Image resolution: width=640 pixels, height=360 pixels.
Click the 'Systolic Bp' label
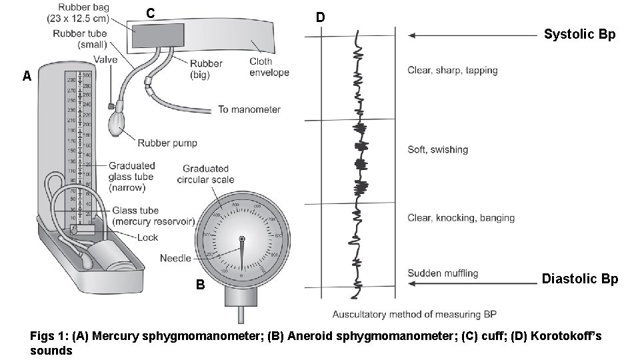(x=579, y=35)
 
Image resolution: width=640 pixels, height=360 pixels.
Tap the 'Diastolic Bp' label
(x=580, y=279)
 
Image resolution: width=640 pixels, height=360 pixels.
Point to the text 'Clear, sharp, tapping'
(x=452, y=70)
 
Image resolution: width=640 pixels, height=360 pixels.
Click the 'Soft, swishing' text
(x=437, y=149)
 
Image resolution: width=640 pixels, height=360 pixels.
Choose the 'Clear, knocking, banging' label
(x=461, y=217)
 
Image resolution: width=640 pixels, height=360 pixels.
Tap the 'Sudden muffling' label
(x=443, y=273)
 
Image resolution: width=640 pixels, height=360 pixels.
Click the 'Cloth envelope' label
(x=269, y=67)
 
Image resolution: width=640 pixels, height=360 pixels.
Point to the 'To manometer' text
(x=249, y=109)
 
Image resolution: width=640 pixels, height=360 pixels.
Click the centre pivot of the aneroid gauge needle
(x=241, y=239)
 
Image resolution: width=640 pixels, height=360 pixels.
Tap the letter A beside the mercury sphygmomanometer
(x=27, y=77)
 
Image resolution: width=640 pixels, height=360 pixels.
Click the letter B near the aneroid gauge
(x=200, y=285)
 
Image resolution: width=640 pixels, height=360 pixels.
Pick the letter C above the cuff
(x=151, y=13)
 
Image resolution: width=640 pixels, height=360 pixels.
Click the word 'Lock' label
(x=147, y=237)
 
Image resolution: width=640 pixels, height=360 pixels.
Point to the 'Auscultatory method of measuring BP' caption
(x=414, y=314)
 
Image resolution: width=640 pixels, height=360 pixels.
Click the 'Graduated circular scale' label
(x=206, y=174)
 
